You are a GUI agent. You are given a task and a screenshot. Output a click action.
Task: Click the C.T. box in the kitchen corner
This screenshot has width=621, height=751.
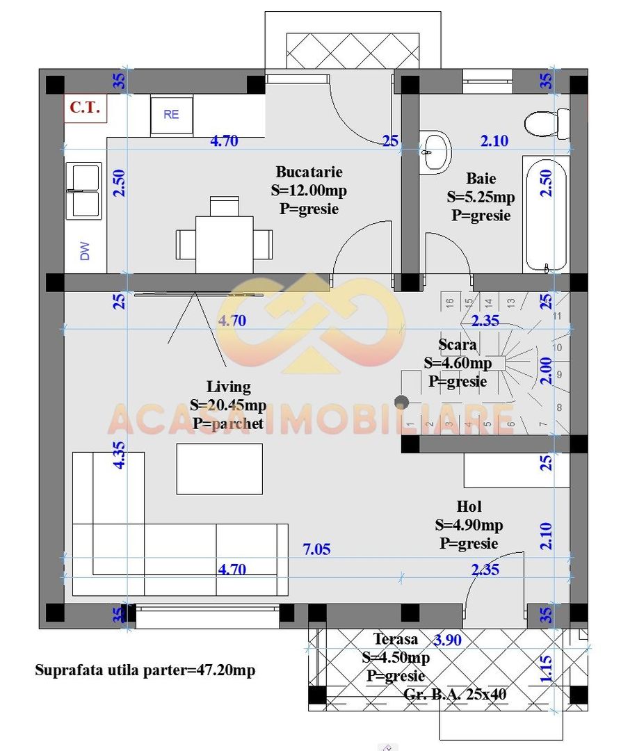(x=85, y=108)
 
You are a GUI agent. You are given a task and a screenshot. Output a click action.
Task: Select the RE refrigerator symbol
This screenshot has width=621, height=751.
(x=171, y=115)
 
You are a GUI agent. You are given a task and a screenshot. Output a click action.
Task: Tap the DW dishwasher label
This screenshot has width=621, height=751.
(x=86, y=251)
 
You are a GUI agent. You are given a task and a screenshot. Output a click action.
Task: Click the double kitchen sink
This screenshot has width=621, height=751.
(x=83, y=191)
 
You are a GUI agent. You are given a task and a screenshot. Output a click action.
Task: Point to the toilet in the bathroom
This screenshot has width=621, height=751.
(x=546, y=124)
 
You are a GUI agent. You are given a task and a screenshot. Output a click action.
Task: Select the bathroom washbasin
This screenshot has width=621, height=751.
(x=436, y=151)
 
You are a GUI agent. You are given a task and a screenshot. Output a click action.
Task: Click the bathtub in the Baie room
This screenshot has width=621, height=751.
(x=546, y=214)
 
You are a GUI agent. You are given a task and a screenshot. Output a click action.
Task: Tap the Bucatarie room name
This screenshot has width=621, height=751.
(x=309, y=172)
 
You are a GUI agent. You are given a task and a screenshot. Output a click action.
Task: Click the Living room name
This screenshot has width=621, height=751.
(x=228, y=387)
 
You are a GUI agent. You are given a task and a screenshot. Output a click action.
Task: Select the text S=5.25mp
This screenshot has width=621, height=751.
(x=481, y=197)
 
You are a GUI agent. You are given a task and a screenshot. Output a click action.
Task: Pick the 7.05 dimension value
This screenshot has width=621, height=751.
(x=316, y=549)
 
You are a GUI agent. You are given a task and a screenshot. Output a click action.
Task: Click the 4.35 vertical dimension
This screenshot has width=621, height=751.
(x=120, y=454)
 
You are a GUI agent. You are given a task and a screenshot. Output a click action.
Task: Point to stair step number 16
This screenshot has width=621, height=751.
(x=450, y=302)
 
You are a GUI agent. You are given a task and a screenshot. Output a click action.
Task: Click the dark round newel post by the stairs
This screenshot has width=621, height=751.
(x=401, y=401)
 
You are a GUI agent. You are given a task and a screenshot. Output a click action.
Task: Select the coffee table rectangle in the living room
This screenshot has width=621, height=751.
(x=219, y=469)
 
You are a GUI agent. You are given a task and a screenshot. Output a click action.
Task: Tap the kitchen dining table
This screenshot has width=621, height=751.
(x=223, y=244)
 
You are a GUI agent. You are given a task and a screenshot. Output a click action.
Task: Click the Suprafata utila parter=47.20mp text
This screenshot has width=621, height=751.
(x=145, y=670)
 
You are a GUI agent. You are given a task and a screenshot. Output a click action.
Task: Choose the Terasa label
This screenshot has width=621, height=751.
(x=395, y=639)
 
